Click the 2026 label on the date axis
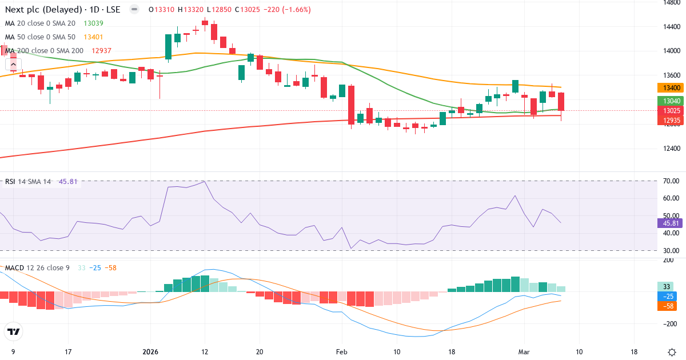point(150,351)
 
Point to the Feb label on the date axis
point(341,351)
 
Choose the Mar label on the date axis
point(524,351)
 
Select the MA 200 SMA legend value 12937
point(101,51)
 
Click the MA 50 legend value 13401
point(94,37)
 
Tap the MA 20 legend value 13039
point(94,23)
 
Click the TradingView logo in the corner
point(14,331)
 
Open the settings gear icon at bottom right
point(672,351)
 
